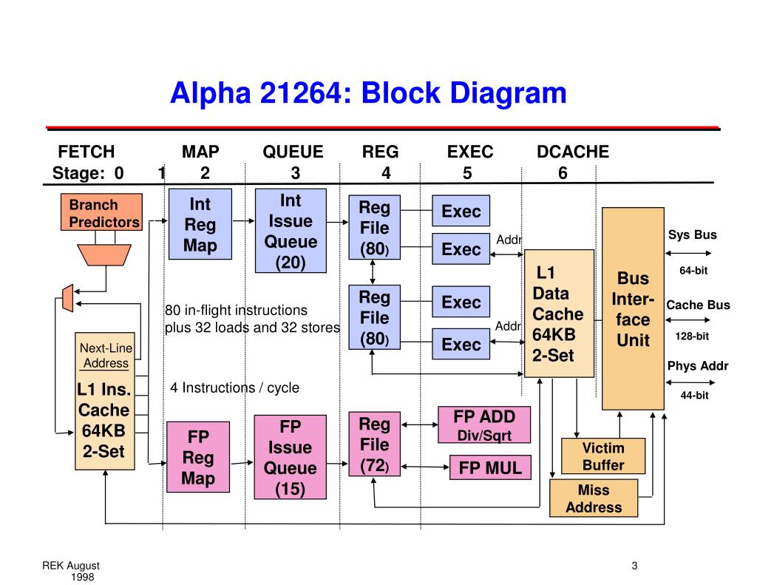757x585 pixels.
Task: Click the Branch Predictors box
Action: coord(101,212)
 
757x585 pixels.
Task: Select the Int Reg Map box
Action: coord(200,224)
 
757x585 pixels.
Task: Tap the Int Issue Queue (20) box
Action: coord(291,231)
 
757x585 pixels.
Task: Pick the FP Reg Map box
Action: coord(198,457)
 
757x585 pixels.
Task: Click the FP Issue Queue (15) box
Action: coord(290,457)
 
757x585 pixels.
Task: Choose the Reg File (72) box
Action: coord(375,444)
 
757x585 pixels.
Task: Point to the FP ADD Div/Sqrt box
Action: coord(484,425)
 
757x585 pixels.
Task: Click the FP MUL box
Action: coord(491,467)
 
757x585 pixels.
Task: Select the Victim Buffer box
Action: coord(603,456)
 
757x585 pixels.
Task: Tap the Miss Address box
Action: coord(594,498)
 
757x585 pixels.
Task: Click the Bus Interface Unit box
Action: coord(633,308)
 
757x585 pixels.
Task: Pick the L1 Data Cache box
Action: coord(559,314)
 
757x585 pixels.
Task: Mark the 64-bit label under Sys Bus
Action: coord(693,271)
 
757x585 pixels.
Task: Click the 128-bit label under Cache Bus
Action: coord(692,337)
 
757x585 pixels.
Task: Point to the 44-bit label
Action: coord(694,395)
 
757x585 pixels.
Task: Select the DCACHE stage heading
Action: coord(573,152)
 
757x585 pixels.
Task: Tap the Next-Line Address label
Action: coord(106,356)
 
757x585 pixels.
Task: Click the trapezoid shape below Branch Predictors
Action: coord(104,254)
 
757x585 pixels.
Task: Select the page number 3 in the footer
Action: coord(634,566)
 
